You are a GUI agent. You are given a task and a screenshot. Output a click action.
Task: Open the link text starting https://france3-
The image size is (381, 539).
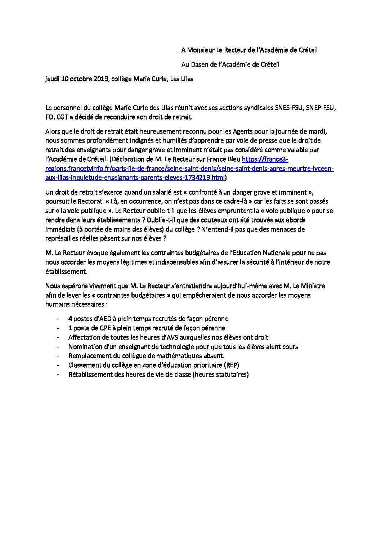(265, 159)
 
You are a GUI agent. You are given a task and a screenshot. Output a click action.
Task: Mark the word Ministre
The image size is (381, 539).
(313, 286)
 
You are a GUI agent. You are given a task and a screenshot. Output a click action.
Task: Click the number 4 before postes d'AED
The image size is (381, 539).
(70, 319)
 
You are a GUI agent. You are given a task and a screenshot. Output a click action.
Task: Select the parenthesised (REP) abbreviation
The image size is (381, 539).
(231, 365)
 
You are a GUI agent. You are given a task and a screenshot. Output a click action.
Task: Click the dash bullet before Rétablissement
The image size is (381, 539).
(58, 374)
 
